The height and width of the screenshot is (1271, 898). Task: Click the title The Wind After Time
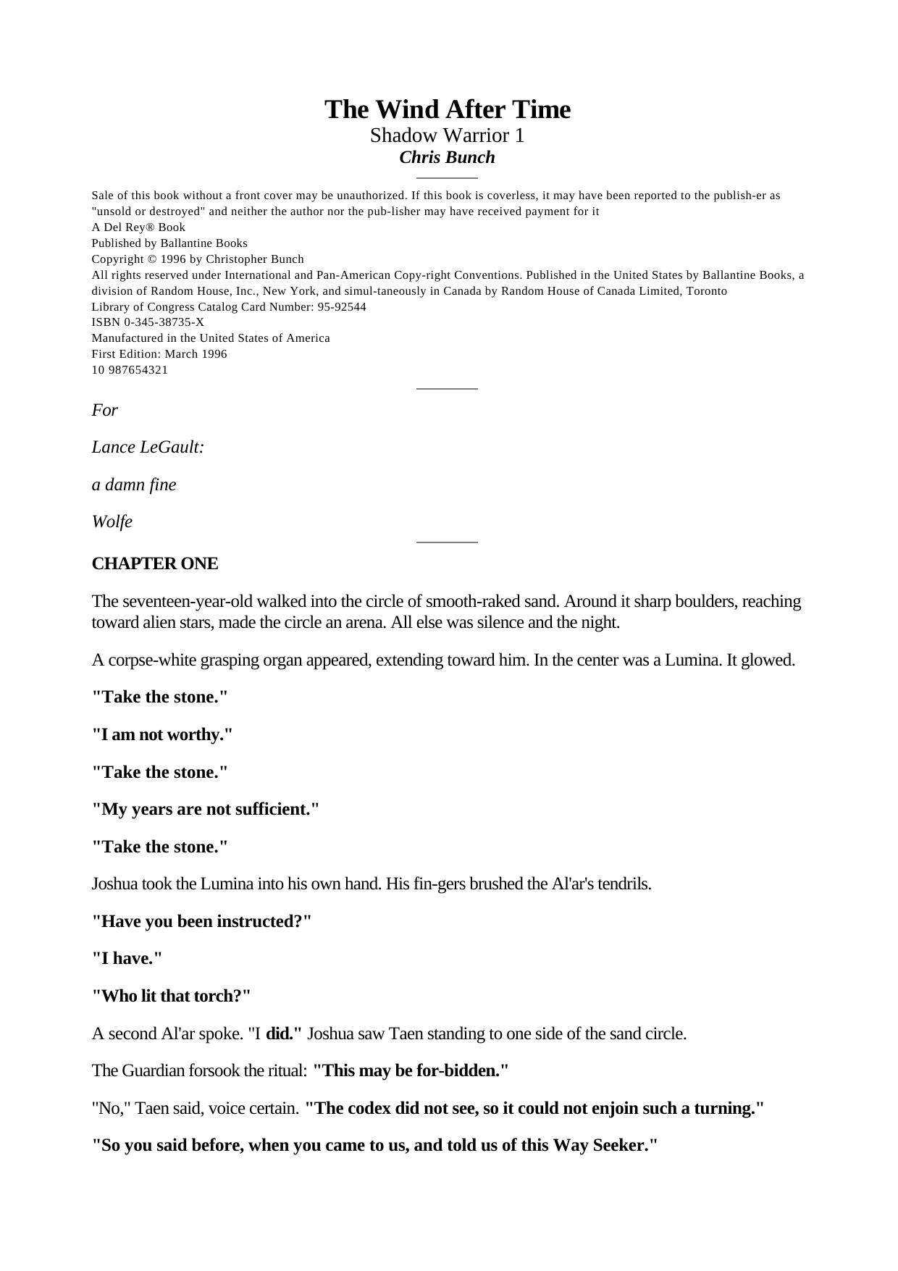pyautogui.click(x=447, y=109)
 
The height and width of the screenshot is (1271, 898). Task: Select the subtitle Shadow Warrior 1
pyautogui.click(x=447, y=135)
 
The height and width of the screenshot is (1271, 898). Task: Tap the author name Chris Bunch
pyautogui.click(x=447, y=157)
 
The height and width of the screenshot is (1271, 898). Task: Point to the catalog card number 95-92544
pyautogui.click(x=342, y=306)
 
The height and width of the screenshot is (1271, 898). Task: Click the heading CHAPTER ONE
pyautogui.click(x=154, y=563)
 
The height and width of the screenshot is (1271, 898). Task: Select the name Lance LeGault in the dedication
pyautogui.click(x=148, y=447)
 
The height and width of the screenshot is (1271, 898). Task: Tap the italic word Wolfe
pyautogui.click(x=112, y=522)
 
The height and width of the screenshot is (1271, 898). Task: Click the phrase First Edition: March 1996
pyautogui.click(x=159, y=354)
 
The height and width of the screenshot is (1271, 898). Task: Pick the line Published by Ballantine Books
pyautogui.click(x=169, y=243)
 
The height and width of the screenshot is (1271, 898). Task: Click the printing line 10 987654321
pyautogui.click(x=130, y=370)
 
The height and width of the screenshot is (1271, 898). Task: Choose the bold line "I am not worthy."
pyautogui.click(x=162, y=734)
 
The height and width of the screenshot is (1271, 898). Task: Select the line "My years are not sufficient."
pyautogui.click(x=206, y=809)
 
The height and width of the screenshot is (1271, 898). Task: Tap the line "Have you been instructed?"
pyautogui.click(x=201, y=921)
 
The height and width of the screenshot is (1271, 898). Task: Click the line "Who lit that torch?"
pyautogui.click(x=171, y=996)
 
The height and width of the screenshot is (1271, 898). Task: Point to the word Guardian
pyautogui.click(x=155, y=1070)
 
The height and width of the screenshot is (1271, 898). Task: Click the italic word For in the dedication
pyautogui.click(x=104, y=410)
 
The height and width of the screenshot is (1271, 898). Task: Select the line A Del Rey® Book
pyautogui.click(x=138, y=227)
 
